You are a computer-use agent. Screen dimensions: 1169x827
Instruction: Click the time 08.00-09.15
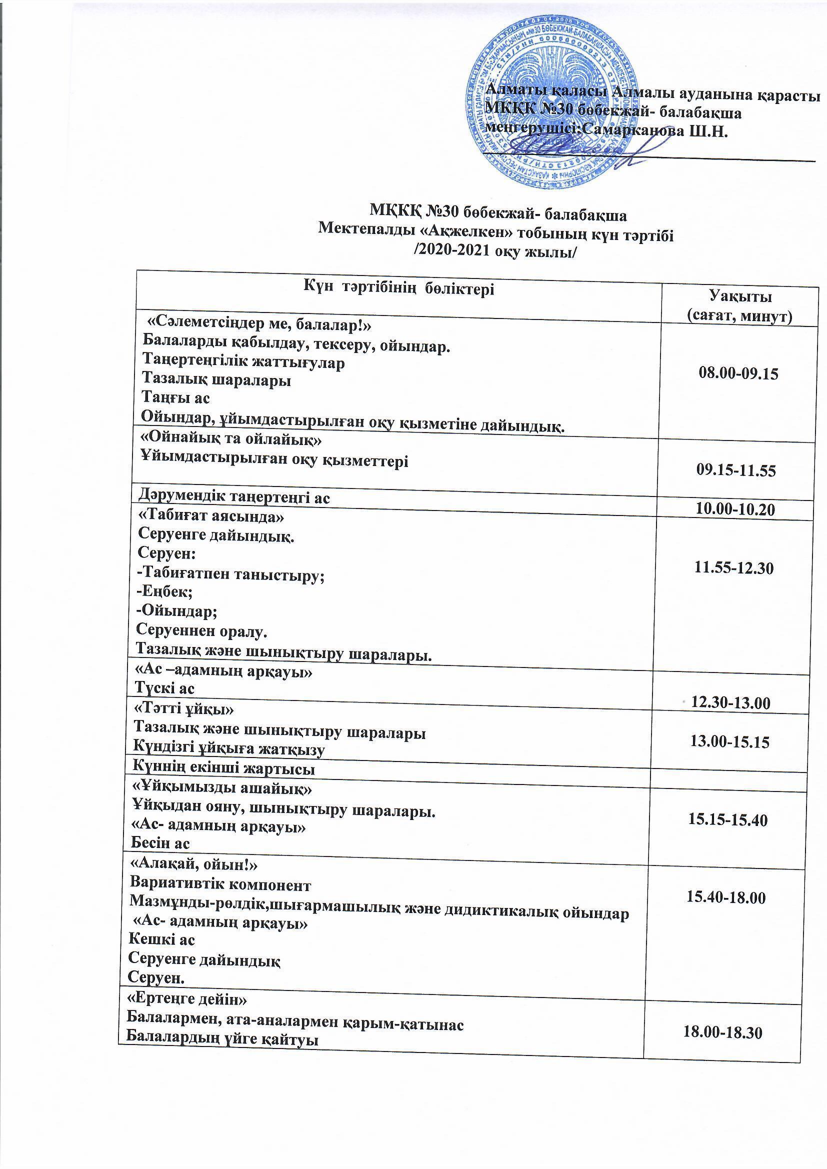738,374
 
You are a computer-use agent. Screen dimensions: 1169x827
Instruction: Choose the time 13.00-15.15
729,742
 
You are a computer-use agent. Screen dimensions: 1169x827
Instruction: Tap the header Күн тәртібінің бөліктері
398,288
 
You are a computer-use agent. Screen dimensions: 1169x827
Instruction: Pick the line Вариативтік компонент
220,884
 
